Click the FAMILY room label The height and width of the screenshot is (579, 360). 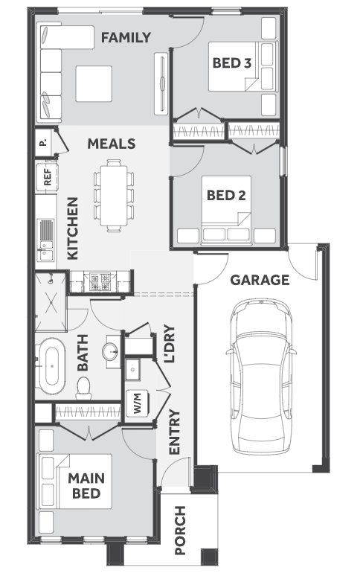pos(126,37)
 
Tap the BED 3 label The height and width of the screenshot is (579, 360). pos(232,63)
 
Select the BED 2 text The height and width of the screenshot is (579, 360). pos(226,195)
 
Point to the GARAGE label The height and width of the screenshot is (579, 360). pos(260,280)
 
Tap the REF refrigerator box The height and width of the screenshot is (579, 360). pos(48,178)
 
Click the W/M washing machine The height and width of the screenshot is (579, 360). pos(138,403)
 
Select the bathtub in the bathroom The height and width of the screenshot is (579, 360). pos(52,366)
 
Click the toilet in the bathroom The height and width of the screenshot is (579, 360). pos(83,388)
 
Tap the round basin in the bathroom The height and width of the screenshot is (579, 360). pos(111,351)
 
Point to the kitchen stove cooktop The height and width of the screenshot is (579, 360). pos(100,281)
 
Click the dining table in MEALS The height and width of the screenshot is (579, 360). pos(114,195)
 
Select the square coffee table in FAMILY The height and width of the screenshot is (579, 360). pos(94,83)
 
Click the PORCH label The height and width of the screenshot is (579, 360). pos(180,531)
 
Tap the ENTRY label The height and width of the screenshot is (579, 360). pos(174,432)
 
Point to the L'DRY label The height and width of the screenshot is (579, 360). pos(169,344)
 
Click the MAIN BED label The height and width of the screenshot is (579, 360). pos(86,486)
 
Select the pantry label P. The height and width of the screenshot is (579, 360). pos(44,142)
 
